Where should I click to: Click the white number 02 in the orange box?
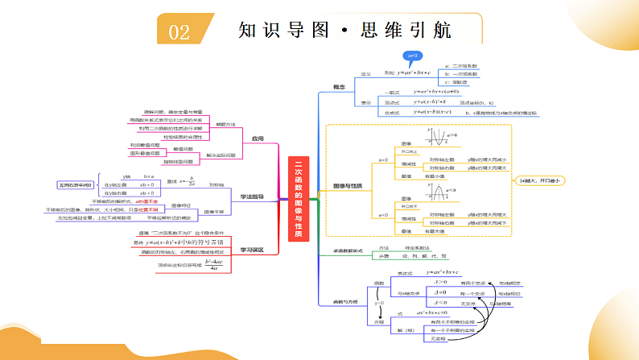pyautogui.click(x=179, y=31)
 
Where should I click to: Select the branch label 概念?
pyautogui.click(x=339, y=86)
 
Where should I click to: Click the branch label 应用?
pyautogui.click(x=258, y=139)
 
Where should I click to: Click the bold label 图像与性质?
pyautogui.click(x=347, y=187)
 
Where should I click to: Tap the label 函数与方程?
pyautogui.click(x=347, y=302)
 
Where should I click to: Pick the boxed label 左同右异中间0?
pyautogui.click(x=75, y=184)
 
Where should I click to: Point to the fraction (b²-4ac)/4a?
pyautogui.click(x=212, y=265)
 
